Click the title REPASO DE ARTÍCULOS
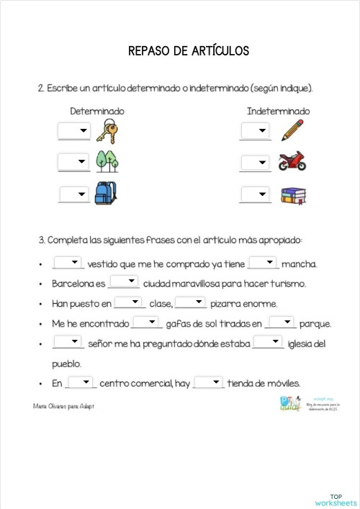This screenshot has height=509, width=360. click(x=188, y=51)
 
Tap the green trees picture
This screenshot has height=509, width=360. click(x=107, y=161)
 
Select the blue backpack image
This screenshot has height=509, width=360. click(x=105, y=193)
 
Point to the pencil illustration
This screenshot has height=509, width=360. click(x=292, y=130)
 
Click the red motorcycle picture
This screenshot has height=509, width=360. click(x=292, y=161)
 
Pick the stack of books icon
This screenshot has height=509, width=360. click(x=292, y=194)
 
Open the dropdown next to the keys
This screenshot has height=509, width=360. click(x=74, y=131)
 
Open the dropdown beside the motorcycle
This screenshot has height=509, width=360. click(x=255, y=162)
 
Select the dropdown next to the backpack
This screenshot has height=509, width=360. click(x=74, y=194)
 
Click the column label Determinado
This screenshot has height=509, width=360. click(x=97, y=112)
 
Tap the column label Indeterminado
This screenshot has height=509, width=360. click(x=278, y=112)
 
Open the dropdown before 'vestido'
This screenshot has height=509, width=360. click(x=68, y=263)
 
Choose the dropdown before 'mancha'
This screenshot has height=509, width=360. click(x=263, y=263)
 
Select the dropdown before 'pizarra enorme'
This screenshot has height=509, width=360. click(x=191, y=303)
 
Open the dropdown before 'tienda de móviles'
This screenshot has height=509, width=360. click(x=209, y=383)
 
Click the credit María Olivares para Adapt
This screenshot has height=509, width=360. click(x=64, y=407)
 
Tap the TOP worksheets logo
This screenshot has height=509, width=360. click(x=336, y=499)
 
